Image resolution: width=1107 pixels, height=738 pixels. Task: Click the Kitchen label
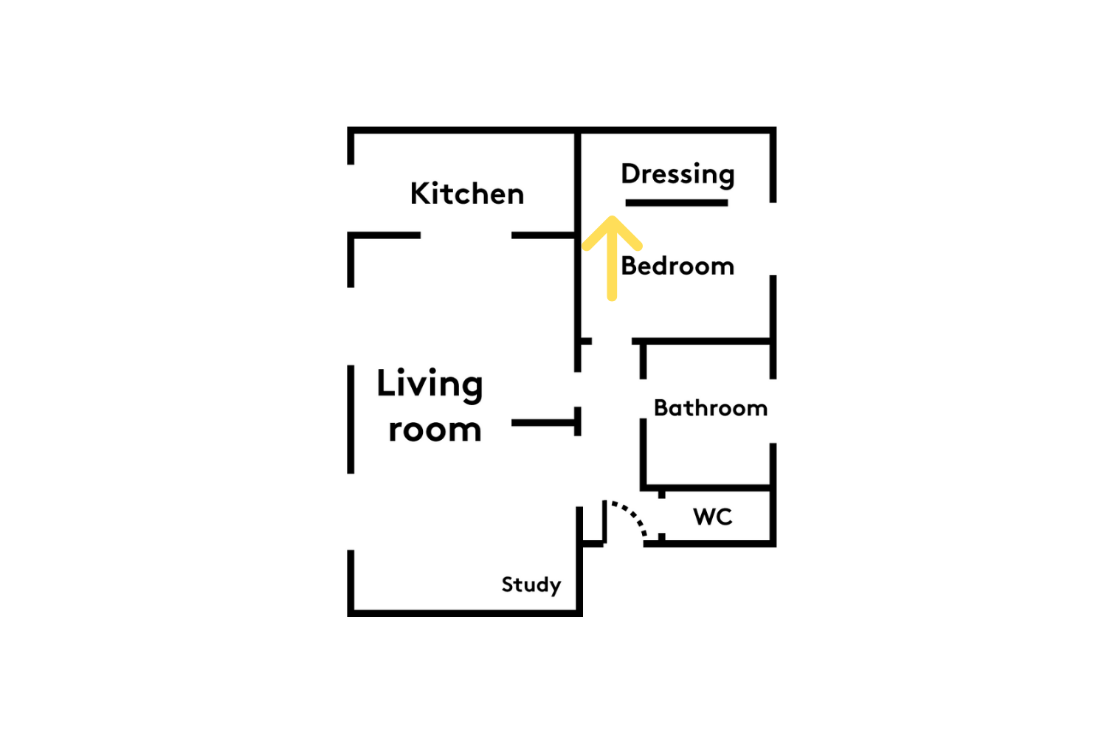tap(467, 193)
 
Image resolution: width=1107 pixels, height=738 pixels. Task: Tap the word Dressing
tap(677, 175)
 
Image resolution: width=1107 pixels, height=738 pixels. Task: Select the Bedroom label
tap(677, 266)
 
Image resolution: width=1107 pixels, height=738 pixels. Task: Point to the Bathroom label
tap(711, 408)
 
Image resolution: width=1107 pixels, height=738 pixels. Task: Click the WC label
tap(713, 517)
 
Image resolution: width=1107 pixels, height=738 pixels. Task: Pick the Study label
tap(531, 585)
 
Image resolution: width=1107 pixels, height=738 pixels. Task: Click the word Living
tap(430, 385)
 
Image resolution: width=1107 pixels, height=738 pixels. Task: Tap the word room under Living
tap(435, 430)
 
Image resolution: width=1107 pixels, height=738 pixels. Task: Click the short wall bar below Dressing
tap(677, 203)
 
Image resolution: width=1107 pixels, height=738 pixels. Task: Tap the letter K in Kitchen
tap(420, 193)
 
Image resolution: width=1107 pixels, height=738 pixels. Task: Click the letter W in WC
tap(704, 517)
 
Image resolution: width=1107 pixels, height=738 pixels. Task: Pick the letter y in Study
tap(556, 587)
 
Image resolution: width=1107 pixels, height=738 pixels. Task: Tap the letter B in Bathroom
tap(661, 408)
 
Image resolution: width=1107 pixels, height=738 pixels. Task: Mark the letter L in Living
tap(386, 382)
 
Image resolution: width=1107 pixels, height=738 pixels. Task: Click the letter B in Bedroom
tap(629, 266)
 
